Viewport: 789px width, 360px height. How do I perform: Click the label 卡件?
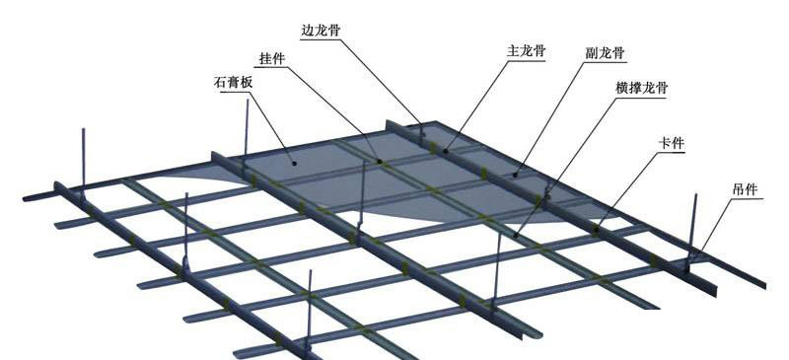click(x=672, y=144)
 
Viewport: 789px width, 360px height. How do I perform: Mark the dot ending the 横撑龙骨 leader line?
click(x=516, y=235)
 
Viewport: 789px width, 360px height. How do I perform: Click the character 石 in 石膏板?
click(x=220, y=84)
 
